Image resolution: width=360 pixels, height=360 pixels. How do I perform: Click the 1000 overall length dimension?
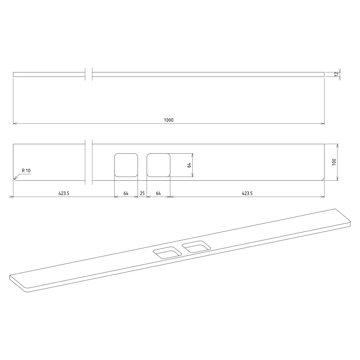tap(168, 120)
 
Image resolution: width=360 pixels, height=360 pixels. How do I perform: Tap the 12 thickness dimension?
tap(336, 74)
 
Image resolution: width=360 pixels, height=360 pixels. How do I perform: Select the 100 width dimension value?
tap(334, 162)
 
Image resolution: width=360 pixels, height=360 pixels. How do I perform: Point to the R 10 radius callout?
tap(26, 171)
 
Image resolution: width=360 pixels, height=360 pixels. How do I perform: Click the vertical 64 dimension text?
tap(189, 165)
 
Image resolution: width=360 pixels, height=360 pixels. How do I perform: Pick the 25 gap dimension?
tap(142, 193)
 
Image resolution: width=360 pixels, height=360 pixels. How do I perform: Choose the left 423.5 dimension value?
tap(64, 193)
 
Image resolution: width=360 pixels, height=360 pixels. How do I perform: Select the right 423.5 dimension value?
tap(247, 193)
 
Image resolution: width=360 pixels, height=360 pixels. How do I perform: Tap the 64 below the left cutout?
tap(126, 193)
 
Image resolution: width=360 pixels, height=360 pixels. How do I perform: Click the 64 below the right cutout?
tap(159, 193)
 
